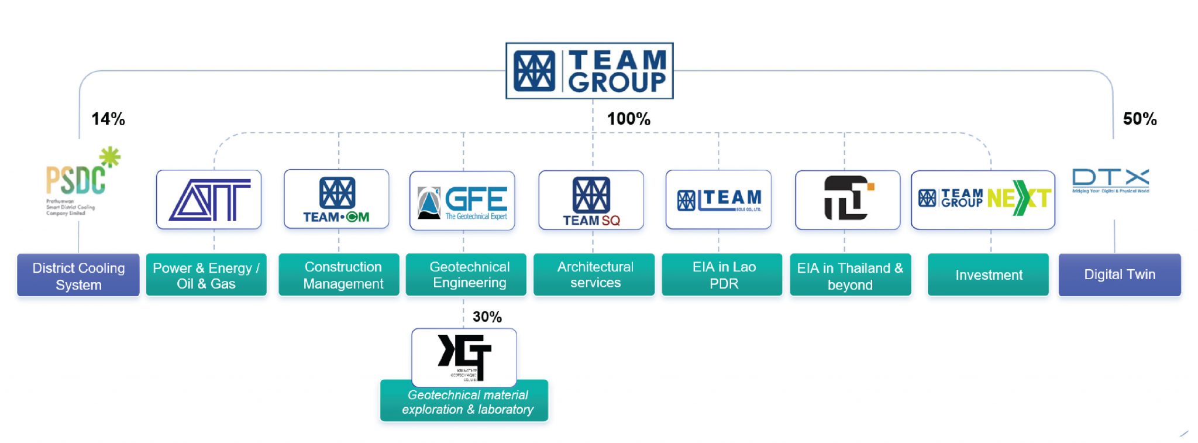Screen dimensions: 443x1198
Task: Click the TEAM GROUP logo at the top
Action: point(589,71)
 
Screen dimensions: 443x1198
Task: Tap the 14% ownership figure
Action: point(108,119)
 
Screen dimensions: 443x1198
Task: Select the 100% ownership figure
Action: point(628,119)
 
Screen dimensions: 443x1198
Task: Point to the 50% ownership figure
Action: point(1140,119)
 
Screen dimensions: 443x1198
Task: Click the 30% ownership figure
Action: point(487,317)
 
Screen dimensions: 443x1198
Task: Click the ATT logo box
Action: point(209,200)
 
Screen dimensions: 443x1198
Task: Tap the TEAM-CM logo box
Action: point(336,200)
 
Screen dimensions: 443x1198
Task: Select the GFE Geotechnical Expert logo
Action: point(462,201)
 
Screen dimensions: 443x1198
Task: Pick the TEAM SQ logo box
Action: point(591,200)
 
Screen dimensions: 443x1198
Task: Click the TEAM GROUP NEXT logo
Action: point(983,200)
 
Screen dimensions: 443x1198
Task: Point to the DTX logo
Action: point(1110,180)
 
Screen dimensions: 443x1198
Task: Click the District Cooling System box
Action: point(78,276)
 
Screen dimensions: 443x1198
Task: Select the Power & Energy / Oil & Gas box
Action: point(206,276)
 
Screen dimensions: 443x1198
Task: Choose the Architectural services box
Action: point(594,275)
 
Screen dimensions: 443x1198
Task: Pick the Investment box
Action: point(989,275)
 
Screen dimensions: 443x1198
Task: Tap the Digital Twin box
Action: point(1120,275)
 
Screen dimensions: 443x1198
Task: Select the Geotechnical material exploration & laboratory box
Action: point(464,401)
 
